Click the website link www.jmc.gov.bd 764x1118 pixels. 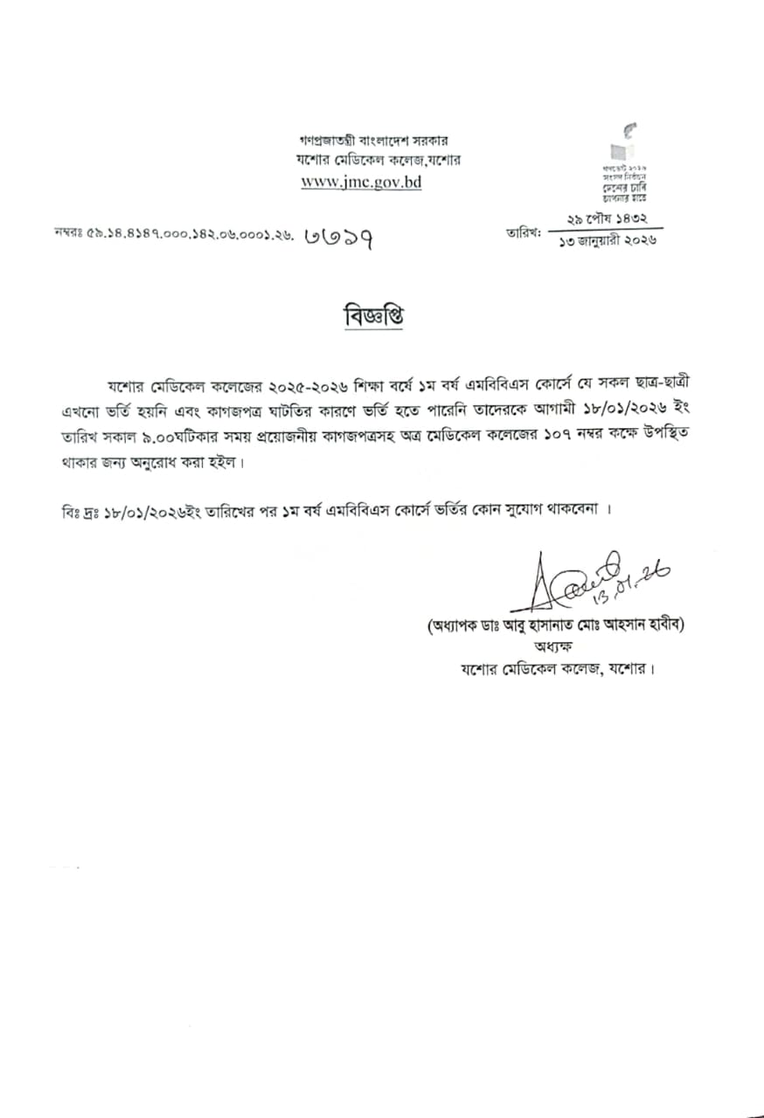[x=361, y=182]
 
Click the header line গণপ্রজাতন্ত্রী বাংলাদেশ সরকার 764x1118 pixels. [x=373, y=141]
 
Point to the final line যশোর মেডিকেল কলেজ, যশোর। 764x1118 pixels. [x=558, y=669]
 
